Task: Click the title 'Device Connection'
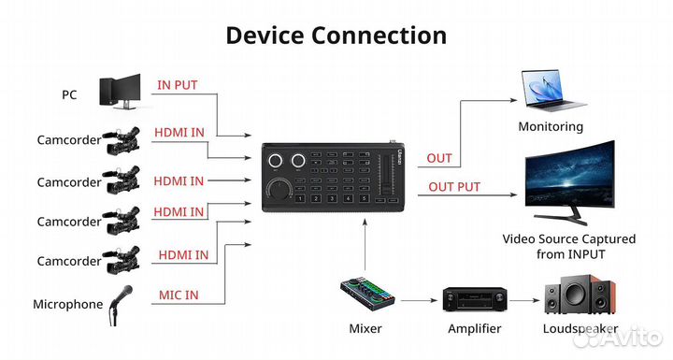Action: pyautogui.click(x=336, y=36)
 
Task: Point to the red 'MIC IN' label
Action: pyautogui.click(x=179, y=295)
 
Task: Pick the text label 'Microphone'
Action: pyautogui.click(x=68, y=304)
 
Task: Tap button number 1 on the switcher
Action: pyautogui.click(x=300, y=198)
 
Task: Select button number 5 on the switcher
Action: pyautogui.click(x=363, y=198)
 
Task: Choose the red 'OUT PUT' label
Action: pyautogui.click(x=454, y=187)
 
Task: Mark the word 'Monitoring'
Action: pyautogui.click(x=551, y=126)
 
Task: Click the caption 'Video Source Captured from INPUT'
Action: pyautogui.click(x=568, y=246)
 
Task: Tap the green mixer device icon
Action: pyautogui.click(x=365, y=297)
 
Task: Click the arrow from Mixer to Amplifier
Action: pyautogui.click(x=417, y=301)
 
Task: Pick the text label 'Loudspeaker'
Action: pyautogui.click(x=580, y=329)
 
